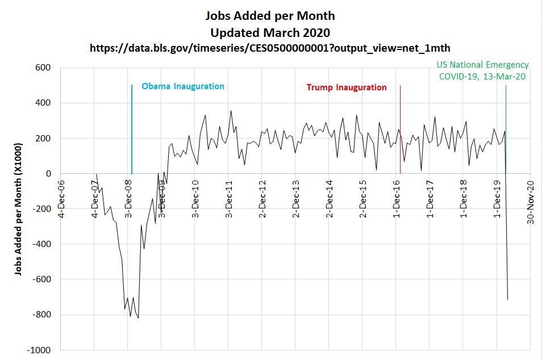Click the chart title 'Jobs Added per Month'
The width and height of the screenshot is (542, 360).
(272, 15)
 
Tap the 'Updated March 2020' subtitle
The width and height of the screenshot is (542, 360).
(272, 32)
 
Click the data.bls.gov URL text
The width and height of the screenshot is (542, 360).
(270, 48)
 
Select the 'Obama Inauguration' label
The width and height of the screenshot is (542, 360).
(183, 86)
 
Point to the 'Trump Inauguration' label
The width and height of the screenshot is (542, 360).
(347, 87)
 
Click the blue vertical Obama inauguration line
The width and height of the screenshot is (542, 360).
(132, 131)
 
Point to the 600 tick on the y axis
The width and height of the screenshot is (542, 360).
(44, 68)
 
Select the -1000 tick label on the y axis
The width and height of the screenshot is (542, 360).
(40, 350)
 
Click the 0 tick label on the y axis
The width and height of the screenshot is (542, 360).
(48, 173)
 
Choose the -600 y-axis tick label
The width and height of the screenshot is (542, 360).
(41, 279)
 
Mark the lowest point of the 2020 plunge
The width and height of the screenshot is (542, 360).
(507, 299)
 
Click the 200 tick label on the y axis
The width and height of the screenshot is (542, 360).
(44, 138)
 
